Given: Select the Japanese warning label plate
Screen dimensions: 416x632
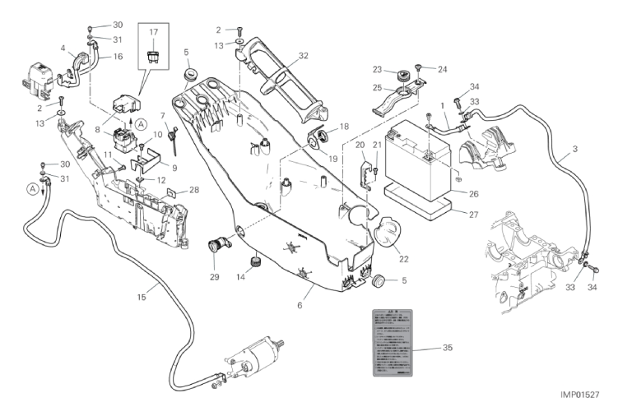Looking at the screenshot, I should pos(391,340).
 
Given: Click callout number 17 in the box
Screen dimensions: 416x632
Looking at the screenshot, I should pos(153,32).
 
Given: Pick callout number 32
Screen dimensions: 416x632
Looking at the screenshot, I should pos(304,56).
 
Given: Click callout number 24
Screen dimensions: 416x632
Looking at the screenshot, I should pos(442,69).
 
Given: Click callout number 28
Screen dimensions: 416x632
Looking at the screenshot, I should pos(194,190).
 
